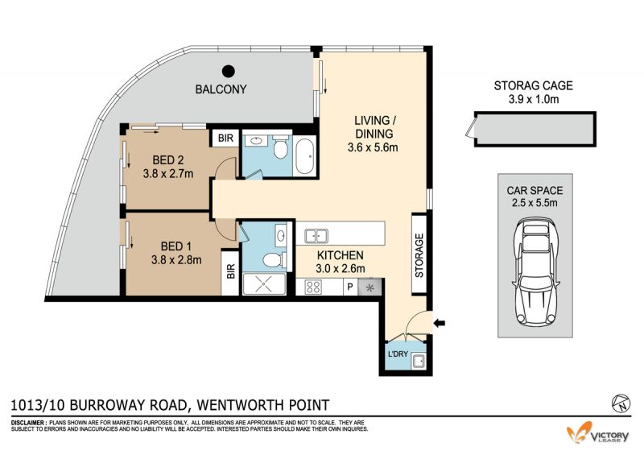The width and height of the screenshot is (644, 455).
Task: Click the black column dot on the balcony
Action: [229, 72]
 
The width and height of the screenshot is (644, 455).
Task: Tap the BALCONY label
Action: [221, 89]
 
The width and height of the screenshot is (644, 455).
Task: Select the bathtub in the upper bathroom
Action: [305, 156]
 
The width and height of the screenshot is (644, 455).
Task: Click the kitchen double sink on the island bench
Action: [316, 236]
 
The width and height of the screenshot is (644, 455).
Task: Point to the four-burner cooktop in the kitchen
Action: [313, 287]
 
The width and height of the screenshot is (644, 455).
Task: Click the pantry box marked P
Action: [350, 287]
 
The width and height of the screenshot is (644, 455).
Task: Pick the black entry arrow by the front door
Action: [439, 323]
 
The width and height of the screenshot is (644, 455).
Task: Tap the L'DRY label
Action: [398, 354]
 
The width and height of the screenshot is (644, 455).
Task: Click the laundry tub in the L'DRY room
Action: [419, 362]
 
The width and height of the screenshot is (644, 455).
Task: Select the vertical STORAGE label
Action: [419, 255]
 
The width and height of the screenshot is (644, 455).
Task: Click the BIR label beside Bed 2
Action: [225, 138]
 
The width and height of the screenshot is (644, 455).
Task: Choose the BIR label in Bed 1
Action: [230, 271]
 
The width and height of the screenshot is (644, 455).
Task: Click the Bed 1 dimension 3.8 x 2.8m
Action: [176, 260]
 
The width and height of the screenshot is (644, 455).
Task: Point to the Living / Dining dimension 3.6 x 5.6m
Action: [373, 147]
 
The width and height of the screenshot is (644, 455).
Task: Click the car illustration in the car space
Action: [535, 271]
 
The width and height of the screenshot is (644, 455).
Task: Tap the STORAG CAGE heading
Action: [533, 85]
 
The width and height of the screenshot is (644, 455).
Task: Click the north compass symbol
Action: [621, 403]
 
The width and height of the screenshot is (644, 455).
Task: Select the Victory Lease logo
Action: [597, 433]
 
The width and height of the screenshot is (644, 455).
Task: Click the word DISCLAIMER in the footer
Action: [27, 423]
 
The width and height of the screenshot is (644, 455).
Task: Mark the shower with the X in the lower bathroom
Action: [264, 284]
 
